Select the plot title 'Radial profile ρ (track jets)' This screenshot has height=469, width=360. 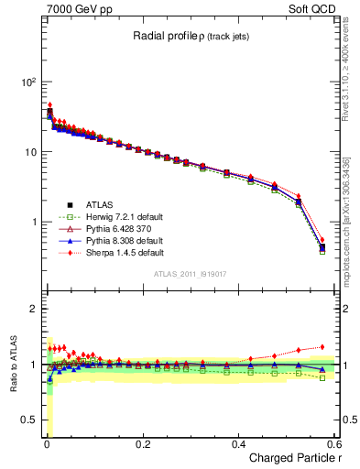(x=191, y=36)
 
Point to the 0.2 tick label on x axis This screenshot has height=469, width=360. (x=142, y=443)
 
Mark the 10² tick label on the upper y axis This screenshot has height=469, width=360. (x=27, y=82)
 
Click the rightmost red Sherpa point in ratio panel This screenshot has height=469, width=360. (x=322, y=347)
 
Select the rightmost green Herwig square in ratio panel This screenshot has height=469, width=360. (x=322, y=377)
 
